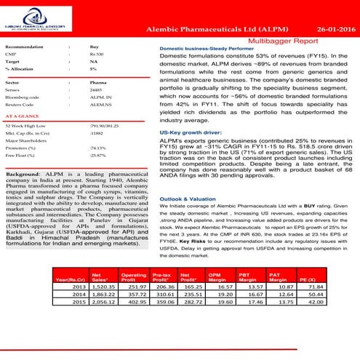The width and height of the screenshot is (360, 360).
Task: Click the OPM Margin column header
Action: [215, 296]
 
